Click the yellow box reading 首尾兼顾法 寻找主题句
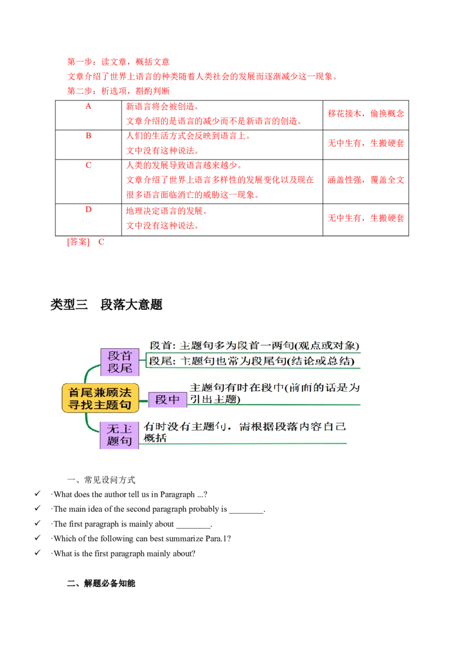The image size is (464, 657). click(100, 398)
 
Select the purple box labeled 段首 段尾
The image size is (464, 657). click(120, 362)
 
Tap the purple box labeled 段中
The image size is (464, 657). click(168, 400)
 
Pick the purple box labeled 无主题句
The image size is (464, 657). click(120, 435)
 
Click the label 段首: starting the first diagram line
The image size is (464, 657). click(162, 344)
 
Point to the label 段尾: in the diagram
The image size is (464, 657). click(162, 360)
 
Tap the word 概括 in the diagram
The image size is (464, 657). click(155, 438)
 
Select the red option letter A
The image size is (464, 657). click(88, 107)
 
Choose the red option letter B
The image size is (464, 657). click(88, 136)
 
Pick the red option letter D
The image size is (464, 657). click(88, 210)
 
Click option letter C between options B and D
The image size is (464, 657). click(88, 165)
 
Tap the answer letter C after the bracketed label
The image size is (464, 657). click(101, 242)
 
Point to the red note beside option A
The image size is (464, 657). click(365, 114)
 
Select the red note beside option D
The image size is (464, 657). click(365, 218)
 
